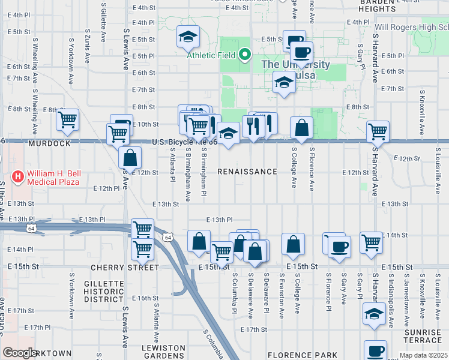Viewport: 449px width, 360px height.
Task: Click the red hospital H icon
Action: pos(19,177)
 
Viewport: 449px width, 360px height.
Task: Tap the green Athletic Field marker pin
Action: pos(244,56)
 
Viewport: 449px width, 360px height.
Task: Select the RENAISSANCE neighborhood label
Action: pos(247,172)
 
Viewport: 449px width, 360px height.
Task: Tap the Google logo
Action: pos(20,353)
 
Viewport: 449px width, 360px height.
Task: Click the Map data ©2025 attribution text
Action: pos(423,355)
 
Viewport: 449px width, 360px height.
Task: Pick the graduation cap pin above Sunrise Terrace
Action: pos(374,314)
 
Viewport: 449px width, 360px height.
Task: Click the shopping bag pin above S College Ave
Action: pos(301,127)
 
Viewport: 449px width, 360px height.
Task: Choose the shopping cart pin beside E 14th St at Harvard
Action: pos(372,242)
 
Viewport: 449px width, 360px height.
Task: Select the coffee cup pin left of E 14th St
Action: pos(339,247)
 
